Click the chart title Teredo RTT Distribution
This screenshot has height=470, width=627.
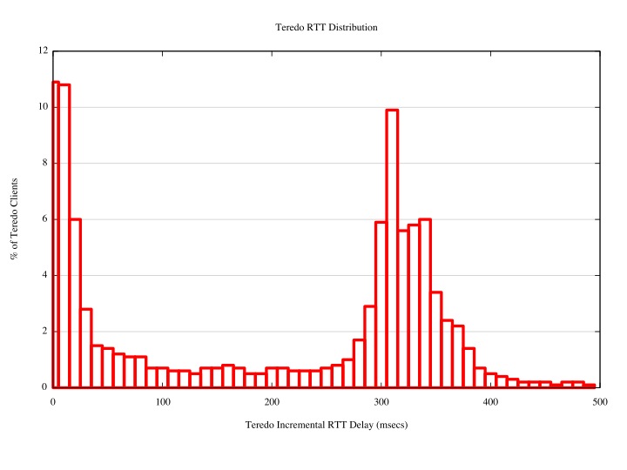click(326, 27)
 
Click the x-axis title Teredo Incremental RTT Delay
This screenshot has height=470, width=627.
click(326, 426)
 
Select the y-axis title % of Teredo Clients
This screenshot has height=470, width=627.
click(14, 218)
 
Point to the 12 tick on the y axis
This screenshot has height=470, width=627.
click(44, 51)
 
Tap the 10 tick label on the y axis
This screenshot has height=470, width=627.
click(44, 107)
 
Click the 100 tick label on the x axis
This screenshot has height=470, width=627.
click(162, 401)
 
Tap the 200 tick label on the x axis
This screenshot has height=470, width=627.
click(272, 401)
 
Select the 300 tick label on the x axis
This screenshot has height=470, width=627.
click(381, 401)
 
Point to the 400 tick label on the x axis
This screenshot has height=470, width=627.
click(490, 401)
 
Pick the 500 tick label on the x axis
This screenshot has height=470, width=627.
click(599, 401)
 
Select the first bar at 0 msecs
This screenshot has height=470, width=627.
click(56, 235)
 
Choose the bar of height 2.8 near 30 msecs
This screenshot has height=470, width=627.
click(86, 348)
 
